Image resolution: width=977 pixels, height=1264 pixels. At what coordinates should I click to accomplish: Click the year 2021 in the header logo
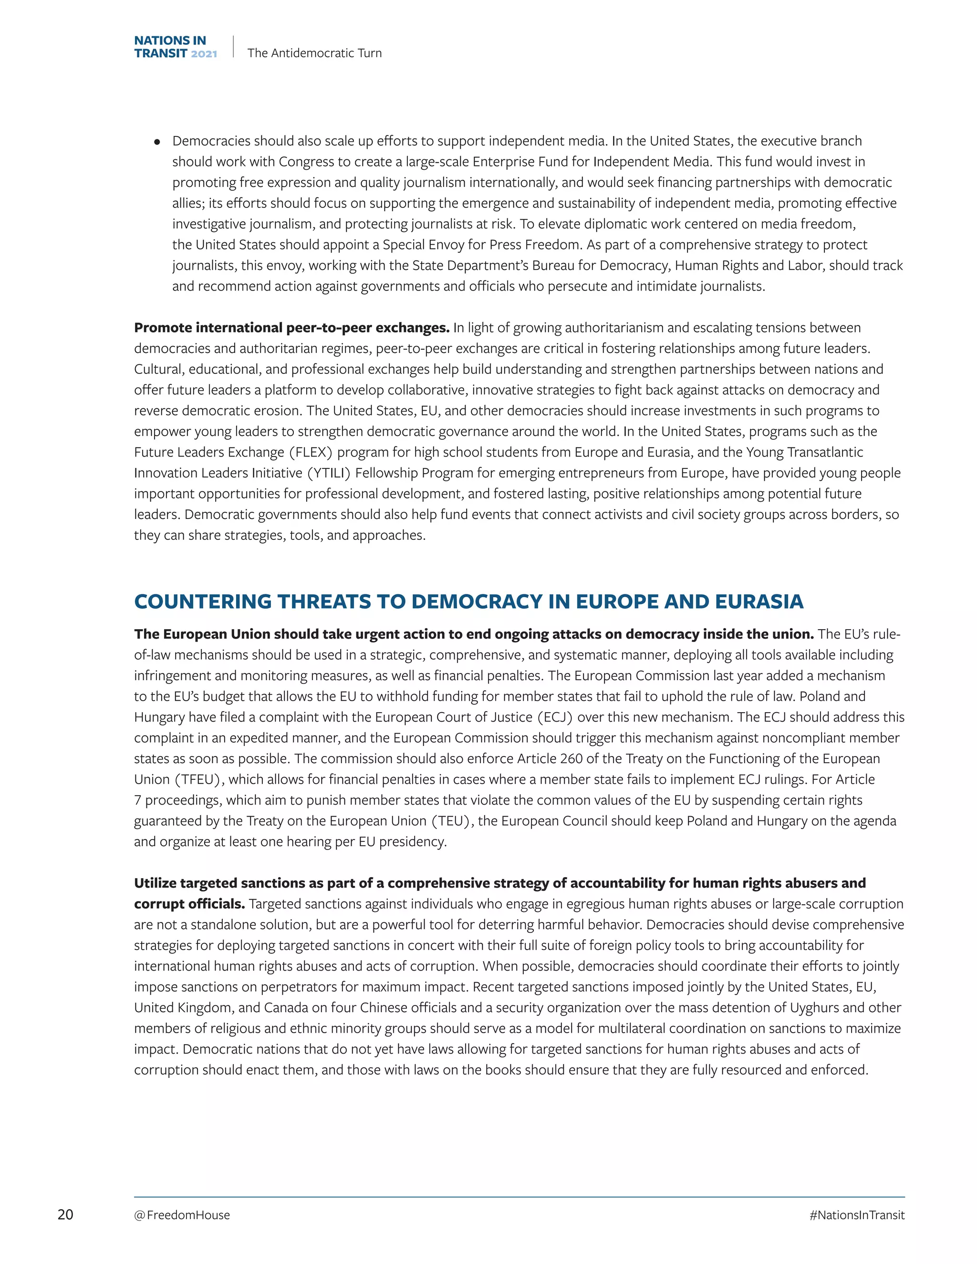click(x=204, y=54)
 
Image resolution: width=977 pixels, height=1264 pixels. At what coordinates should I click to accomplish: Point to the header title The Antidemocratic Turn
click(x=314, y=52)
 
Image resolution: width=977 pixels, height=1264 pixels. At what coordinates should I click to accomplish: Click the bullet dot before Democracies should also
click(x=157, y=142)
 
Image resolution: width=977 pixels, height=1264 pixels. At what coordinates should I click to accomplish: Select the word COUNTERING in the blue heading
click(x=203, y=601)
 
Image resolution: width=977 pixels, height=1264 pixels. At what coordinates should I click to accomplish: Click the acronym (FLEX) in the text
click(x=311, y=452)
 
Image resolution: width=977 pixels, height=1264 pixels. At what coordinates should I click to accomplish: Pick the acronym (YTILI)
click(x=328, y=473)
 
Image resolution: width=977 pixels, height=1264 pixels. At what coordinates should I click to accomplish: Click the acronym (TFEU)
click(x=198, y=779)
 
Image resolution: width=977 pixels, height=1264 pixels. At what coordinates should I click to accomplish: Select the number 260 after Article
click(x=571, y=758)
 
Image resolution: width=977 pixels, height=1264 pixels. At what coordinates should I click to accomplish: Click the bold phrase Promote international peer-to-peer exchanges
click(x=291, y=328)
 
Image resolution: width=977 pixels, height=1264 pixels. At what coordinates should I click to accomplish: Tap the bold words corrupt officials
click(x=189, y=903)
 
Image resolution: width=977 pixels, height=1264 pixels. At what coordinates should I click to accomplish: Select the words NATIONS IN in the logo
click(x=169, y=41)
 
